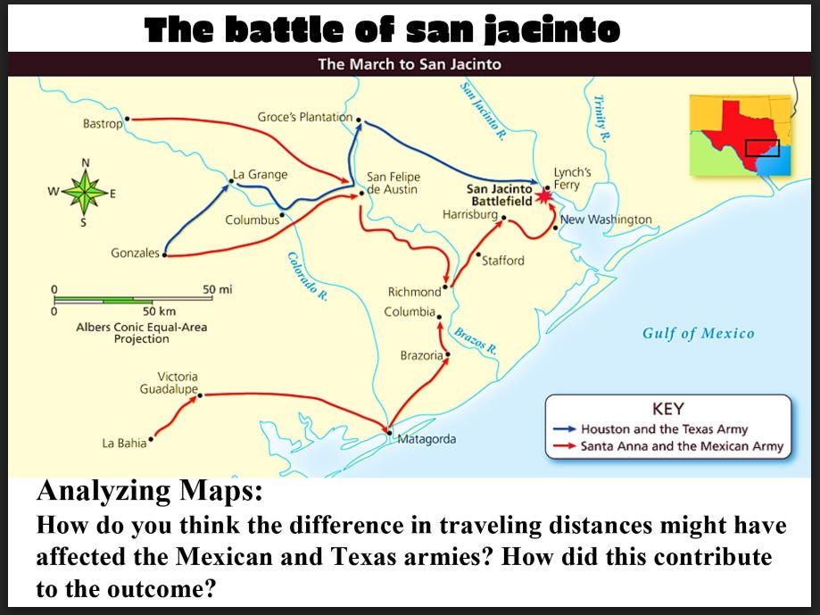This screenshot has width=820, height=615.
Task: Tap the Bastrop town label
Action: click(x=102, y=124)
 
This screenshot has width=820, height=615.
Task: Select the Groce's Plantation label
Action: click(x=304, y=117)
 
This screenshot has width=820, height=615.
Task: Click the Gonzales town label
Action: click(x=135, y=253)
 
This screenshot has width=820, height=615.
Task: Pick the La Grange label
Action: click(x=260, y=174)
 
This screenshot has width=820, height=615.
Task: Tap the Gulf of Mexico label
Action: click(x=698, y=334)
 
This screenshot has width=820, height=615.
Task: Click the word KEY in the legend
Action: click(x=668, y=409)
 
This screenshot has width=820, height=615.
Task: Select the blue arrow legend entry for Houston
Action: click(x=664, y=429)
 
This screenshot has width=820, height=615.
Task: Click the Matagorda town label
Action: click(x=427, y=439)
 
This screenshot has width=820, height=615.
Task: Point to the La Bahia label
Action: click(x=125, y=444)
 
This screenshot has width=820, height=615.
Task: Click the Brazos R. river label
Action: click(x=474, y=341)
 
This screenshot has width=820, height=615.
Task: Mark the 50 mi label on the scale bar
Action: click(x=218, y=290)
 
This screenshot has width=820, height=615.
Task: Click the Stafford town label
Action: click(x=503, y=261)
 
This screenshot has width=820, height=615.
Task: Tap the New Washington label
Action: click(x=606, y=220)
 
